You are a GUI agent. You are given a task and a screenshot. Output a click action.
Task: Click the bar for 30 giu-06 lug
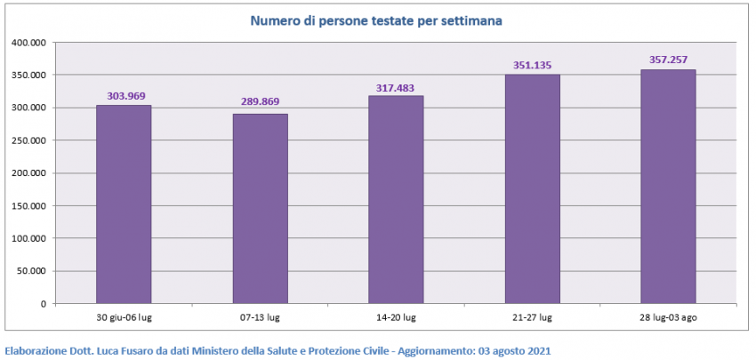click(124, 204)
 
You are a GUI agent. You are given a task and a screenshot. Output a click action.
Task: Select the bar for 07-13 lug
click(260, 209)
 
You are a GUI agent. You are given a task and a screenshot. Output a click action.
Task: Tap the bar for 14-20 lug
click(396, 200)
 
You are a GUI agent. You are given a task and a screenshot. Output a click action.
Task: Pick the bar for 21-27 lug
click(532, 188)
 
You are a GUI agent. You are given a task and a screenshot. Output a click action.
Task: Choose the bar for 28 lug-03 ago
click(668, 187)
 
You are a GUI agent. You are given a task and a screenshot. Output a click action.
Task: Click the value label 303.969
click(124, 96)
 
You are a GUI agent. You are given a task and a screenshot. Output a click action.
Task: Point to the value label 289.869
click(260, 101)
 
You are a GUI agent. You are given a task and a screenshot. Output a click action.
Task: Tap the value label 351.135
click(532, 65)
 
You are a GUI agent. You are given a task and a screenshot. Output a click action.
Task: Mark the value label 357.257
click(668, 60)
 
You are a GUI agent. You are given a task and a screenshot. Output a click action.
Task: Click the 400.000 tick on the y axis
click(29, 43)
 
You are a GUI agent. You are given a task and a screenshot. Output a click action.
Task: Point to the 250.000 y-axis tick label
click(29, 140)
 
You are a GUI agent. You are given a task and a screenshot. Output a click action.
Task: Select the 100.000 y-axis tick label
click(29, 238)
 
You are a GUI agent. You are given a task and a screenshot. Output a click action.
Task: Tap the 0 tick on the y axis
click(43, 304)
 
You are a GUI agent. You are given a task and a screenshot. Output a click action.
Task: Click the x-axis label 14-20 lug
click(396, 317)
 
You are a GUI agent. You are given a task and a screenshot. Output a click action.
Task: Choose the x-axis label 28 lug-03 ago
click(668, 317)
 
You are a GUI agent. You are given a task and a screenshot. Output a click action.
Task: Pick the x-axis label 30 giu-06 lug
click(124, 317)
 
